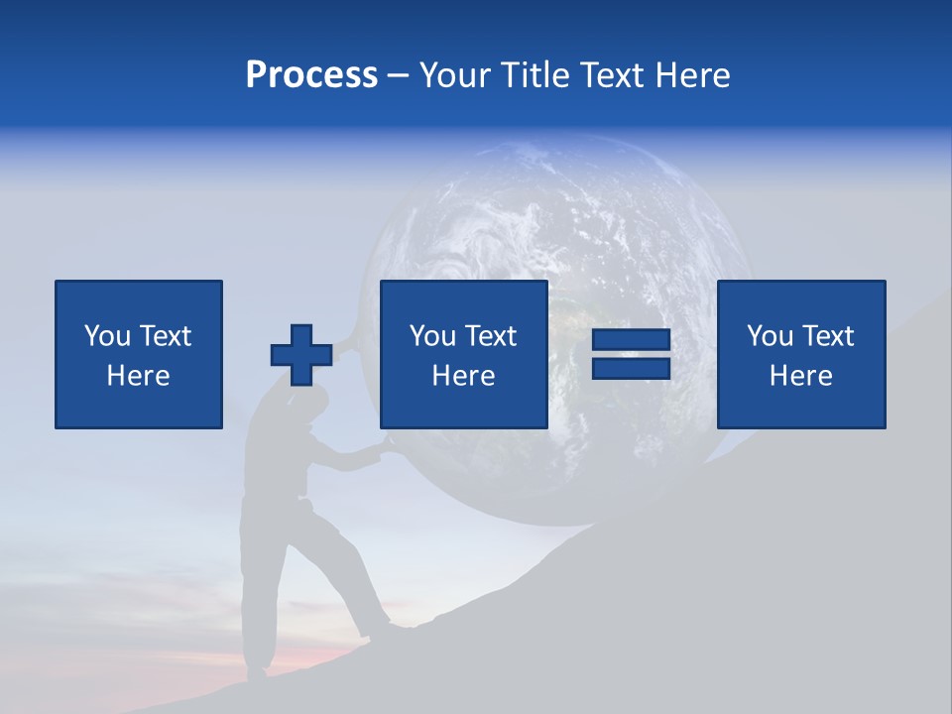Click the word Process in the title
[x=311, y=75]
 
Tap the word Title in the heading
[x=536, y=75]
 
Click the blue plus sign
[x=301, y=355]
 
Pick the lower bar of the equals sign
[x=631, y=368]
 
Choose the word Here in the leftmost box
[x=138, y=376]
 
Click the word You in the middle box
[x=431, y=336]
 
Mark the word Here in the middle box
[x=463, y=376]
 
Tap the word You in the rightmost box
[x=769, y=336]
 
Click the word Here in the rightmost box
[x=800, y=376]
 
